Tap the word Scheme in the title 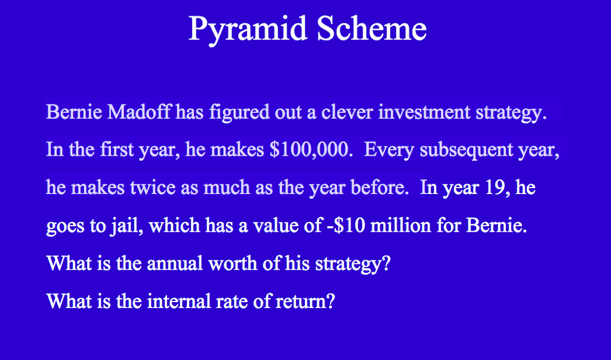[x=372, y=28]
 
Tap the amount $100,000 [x=308, y=150]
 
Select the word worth [x=235, y=263]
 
